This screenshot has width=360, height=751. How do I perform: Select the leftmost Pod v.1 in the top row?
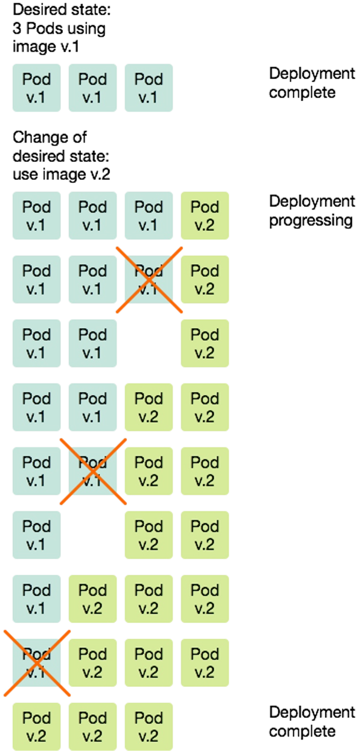pos(36,88)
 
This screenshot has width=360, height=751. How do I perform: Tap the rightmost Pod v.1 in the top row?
pos(149,88)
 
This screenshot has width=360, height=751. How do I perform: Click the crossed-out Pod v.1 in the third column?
pos(149,280)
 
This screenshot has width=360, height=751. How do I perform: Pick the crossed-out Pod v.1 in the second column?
pos(92,471)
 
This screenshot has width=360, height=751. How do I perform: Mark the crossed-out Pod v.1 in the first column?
pos(36,663)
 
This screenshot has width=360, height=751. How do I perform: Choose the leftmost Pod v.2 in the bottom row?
pos(36,726)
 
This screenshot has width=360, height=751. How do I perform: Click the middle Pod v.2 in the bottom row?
pos(92,726)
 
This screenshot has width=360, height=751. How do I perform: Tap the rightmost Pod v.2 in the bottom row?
pos(149,726)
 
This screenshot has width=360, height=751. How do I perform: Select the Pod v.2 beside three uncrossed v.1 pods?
pos(205,216)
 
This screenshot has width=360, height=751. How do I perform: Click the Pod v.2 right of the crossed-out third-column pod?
pos(205,280)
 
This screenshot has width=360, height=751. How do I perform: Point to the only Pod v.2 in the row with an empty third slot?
pos(205,344)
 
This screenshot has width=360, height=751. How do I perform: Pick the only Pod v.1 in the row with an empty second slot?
pos(36,535)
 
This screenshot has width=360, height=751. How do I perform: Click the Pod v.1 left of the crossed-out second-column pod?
pos(36,471)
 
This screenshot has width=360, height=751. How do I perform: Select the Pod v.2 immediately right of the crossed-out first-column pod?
pos(92,663)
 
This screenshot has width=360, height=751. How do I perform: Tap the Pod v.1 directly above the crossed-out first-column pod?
pos(36,599)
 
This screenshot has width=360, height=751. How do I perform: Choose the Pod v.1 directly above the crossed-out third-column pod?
pos(149,216)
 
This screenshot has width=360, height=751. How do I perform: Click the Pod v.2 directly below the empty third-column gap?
pos(149,407)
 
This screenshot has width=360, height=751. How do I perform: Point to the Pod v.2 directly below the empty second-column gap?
pos(92,599)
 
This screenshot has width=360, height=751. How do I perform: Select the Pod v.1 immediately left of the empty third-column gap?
pos(92,344)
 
